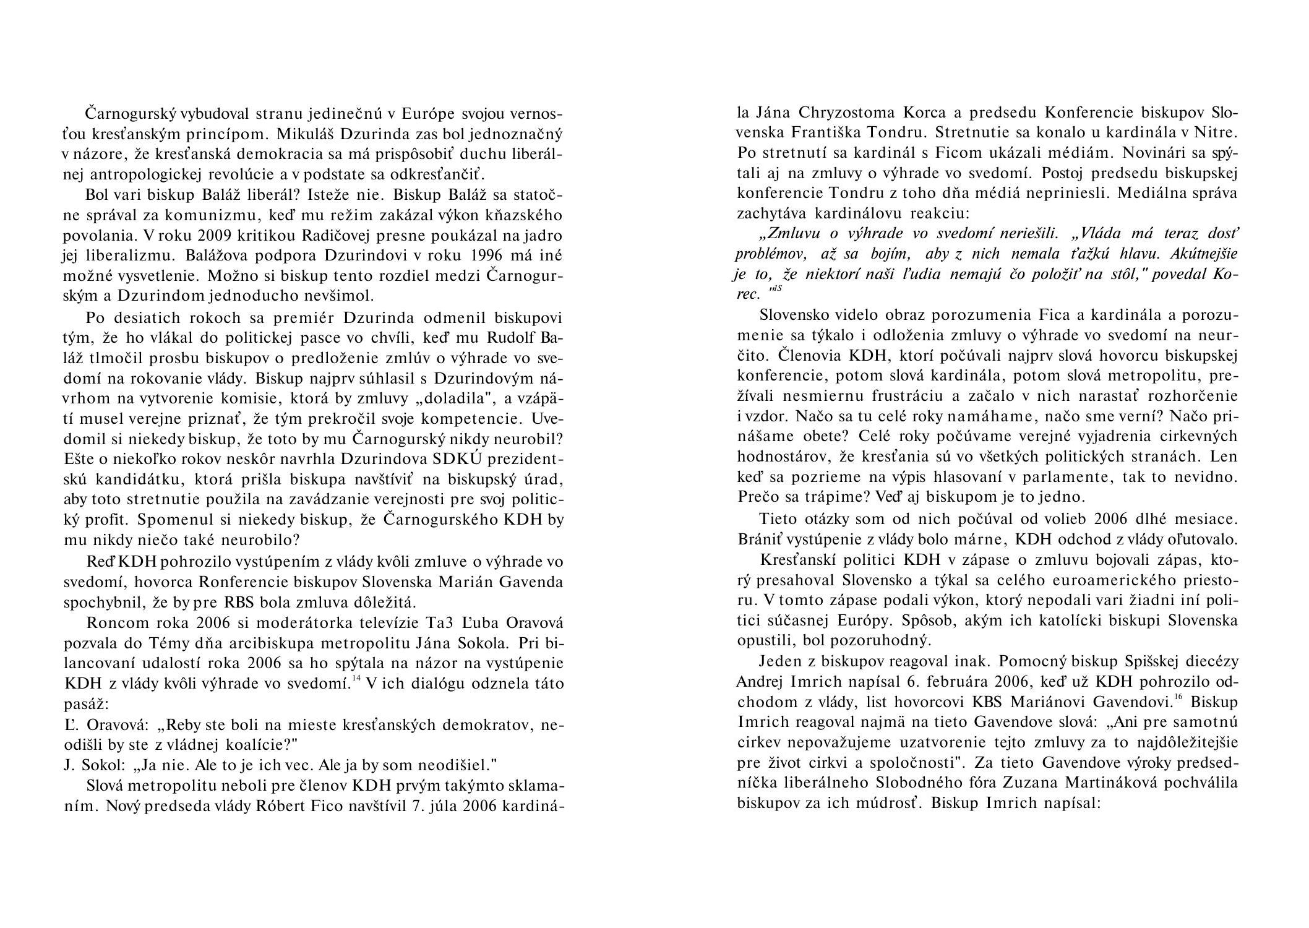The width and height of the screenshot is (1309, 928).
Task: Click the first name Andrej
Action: tap(762, 681)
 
